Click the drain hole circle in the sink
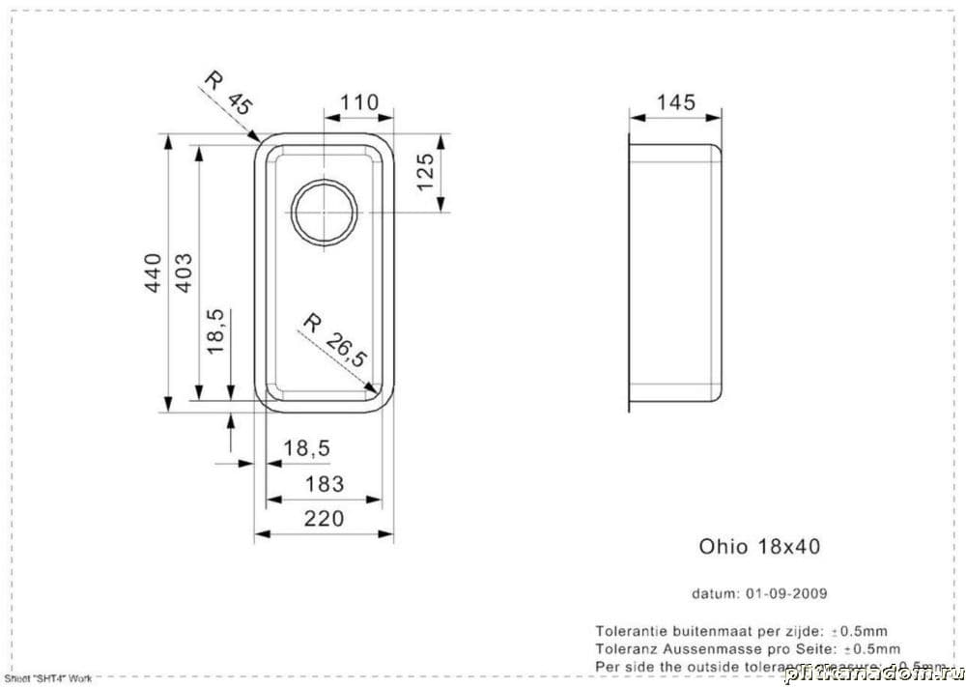tap(326, 212)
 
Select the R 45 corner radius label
tap(226, 94)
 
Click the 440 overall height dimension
tap(153, 275)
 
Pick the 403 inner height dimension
tap(184, 275)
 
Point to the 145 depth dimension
tap(675, 102)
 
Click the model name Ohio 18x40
tap(759, 546)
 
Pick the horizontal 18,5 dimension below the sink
tap(306, 448)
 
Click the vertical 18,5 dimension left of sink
tap(216, 330)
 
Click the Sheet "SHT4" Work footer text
tap(47, 679)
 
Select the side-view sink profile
tap(675, 274)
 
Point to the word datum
tap(714, 593)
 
